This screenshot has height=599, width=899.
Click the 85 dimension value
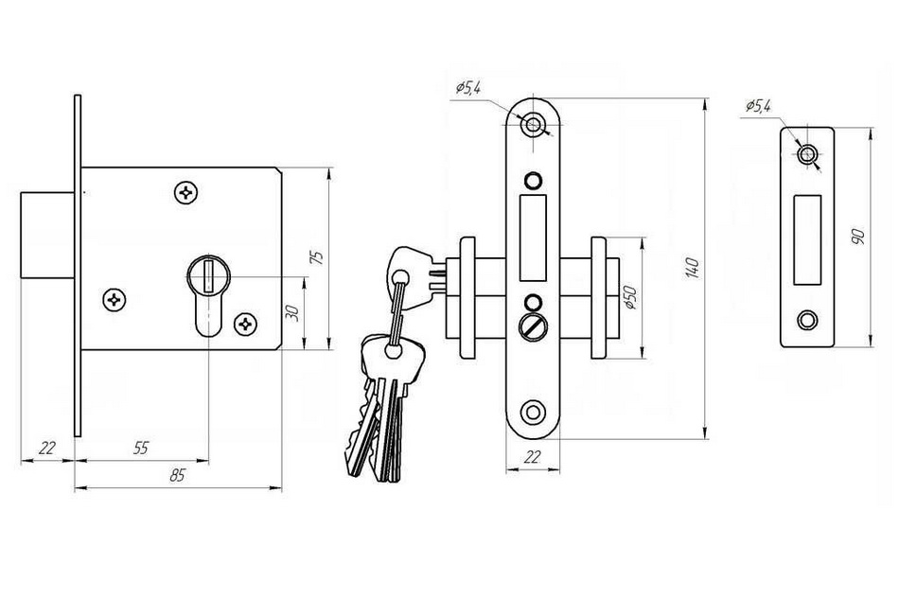point(178,475)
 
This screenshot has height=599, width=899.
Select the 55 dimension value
point(140,448)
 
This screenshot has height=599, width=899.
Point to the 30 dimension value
point(293,313)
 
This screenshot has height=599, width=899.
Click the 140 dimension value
point(693,268)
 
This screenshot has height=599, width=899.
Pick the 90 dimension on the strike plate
point(858,237)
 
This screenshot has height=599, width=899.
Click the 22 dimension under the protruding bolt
point(47,448)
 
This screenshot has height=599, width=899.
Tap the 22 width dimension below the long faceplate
point(533,457)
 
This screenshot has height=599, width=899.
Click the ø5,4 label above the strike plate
point(759,106)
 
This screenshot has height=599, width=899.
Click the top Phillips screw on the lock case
point(186,192)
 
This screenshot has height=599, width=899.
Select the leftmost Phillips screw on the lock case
point(115,299)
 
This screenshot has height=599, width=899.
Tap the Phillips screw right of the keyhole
point(246,324)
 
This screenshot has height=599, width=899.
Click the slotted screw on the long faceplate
point(533,328)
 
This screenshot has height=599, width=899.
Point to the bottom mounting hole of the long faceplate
point(533,412)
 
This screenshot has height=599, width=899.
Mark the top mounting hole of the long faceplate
point(534,124)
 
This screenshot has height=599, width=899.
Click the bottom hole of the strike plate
point(807,320)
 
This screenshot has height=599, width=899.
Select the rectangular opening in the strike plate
point(807,239)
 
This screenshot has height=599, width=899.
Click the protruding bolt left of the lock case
point(47,235)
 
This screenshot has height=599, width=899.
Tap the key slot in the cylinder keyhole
point(209,275)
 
